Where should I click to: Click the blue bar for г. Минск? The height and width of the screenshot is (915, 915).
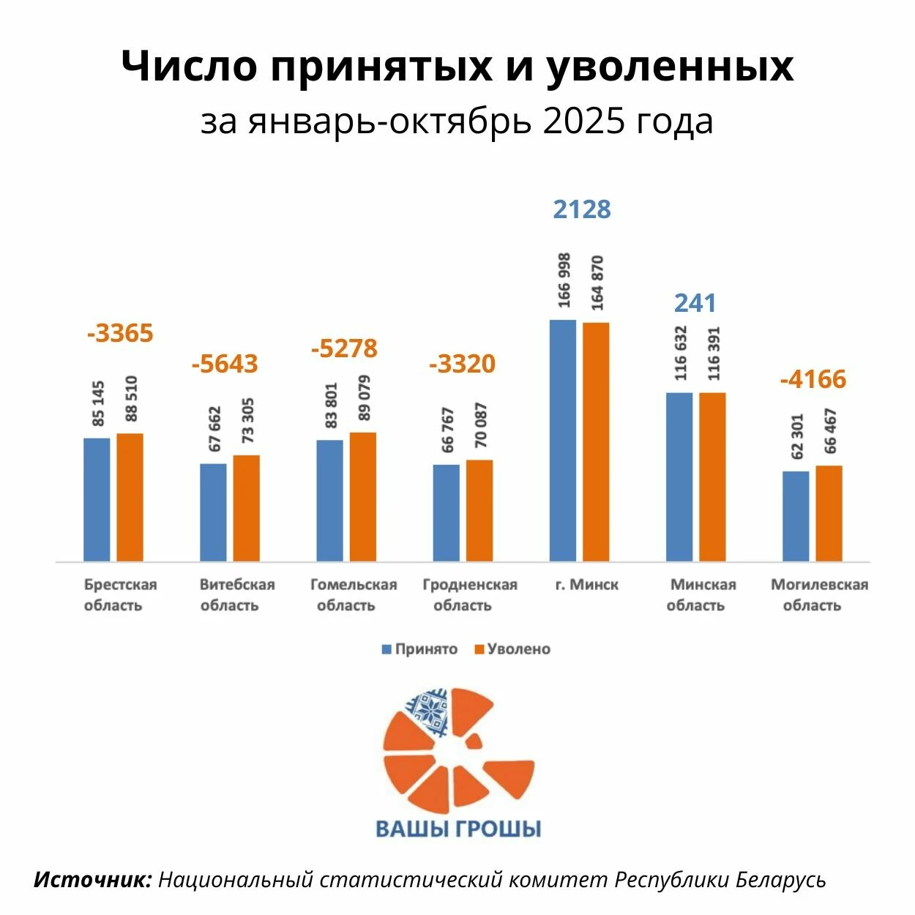(562, 440)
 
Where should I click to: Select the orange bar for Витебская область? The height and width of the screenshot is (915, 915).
(247, 508)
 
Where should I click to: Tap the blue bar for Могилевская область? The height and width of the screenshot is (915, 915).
(796, 516)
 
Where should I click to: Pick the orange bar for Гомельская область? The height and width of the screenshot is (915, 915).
(363, 497)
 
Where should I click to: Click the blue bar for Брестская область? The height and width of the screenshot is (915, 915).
(97, 499)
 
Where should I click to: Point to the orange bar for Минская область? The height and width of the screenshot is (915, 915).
(712, 477)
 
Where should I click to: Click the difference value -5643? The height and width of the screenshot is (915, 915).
(225, 364)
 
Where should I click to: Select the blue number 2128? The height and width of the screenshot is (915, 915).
(582, 209)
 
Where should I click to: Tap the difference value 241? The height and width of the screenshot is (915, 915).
(695, 303)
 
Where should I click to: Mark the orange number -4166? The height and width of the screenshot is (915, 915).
(813, 379)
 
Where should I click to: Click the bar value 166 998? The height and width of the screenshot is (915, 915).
(564, 281)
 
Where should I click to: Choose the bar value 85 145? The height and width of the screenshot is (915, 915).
(98, 403)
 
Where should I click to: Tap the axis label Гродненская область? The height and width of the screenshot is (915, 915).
(469, 594)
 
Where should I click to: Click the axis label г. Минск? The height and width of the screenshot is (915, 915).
(586, 585)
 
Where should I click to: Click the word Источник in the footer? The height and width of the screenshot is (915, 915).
(93, 879)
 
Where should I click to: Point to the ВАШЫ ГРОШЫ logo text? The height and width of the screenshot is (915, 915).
(458, 829)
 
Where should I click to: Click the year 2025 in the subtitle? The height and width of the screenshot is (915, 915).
(584, 122)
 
